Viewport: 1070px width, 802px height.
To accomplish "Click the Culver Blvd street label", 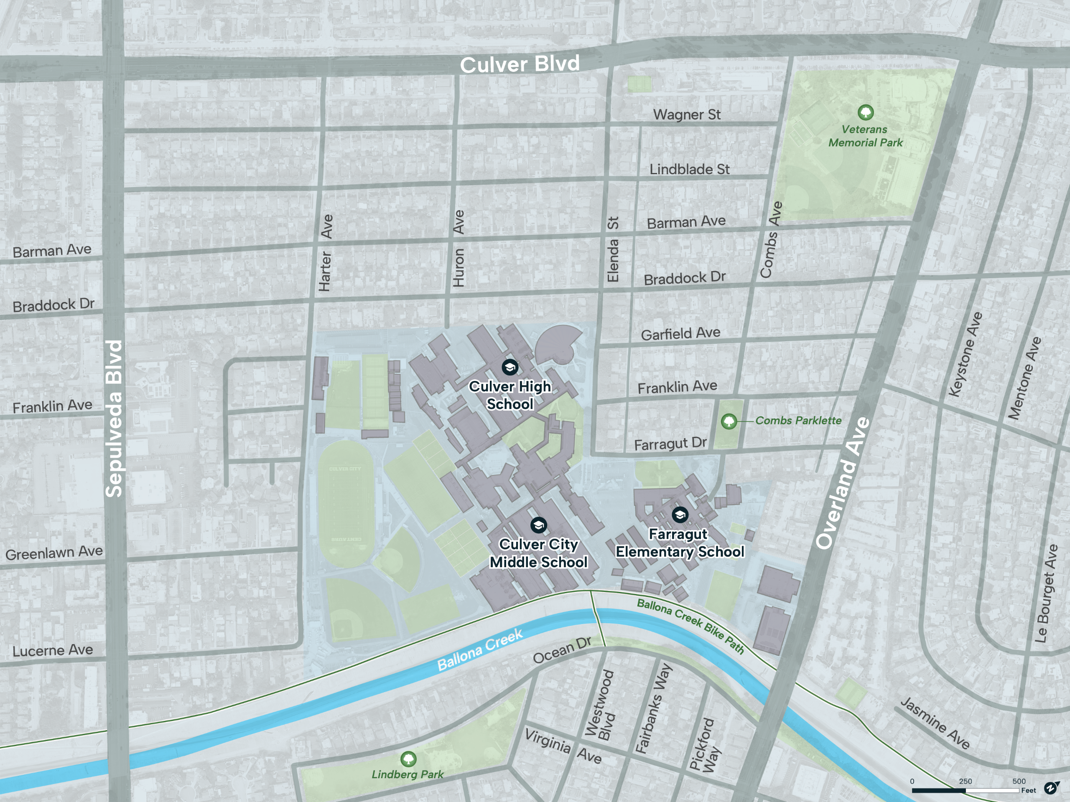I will pyautogui.click(x=520, y=64).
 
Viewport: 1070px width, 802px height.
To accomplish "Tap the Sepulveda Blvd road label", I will pyautogui.click(x=114, y=418).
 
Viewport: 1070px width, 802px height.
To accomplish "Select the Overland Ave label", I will pyautogui.click(x=843, y=483).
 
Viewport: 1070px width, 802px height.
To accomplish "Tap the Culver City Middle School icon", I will pyautogui.click(x=538, y=525).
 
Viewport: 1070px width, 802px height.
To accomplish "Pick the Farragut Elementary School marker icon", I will pyautogui.click(x=680, y=515).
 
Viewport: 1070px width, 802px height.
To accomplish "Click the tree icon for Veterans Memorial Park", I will pyautogui.click(x=865, y=113).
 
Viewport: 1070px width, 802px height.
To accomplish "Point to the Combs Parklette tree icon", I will pyautogui.click(x=729, y=421).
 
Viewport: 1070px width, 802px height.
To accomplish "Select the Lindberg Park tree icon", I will pyautogui.click(x=408, y=759).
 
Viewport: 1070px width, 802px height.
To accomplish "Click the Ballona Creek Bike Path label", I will pyautogui.click(x=690, y=626).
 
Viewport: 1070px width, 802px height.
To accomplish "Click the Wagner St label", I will pyautogui.click(x=686, y=114).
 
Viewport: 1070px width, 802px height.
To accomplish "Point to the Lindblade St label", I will pyautogui.click(x=689, y=169).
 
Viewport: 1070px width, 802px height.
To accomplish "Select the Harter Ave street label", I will pyautogui.click(x=326, y=253).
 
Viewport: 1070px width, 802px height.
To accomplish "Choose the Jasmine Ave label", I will pyautogui.click(x=935, y=723).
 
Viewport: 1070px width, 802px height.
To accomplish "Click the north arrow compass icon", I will pyautogui.click(x=1051, y=788).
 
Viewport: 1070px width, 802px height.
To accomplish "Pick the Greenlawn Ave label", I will pyautogui.click(x=54, y=552).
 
